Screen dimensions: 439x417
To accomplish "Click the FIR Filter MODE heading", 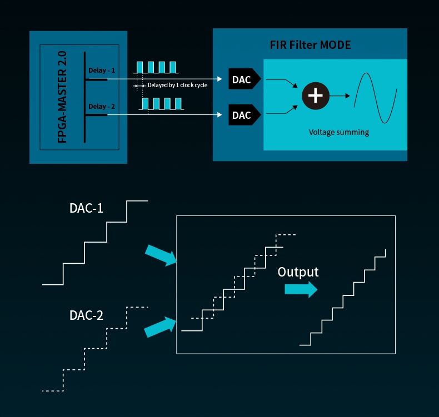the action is click(310, 45).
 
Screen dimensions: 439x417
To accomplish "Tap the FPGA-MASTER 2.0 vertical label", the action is click(62, 97).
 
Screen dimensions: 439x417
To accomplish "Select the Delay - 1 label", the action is click(102, 70).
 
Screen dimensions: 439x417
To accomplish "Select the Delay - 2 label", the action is click(102, 106).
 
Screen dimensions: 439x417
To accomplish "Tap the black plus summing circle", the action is click(316, 96).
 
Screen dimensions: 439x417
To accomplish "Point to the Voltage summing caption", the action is click(339, 132).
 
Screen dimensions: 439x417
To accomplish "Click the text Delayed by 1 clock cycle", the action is click(177, 85).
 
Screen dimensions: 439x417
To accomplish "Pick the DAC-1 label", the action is click(86, 208).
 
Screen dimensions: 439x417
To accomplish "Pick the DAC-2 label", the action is click(86, 315).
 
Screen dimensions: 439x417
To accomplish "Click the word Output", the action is click(298, 272).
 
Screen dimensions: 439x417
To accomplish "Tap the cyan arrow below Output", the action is click(301, 289).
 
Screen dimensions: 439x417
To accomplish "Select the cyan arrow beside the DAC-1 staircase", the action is click(161, 255).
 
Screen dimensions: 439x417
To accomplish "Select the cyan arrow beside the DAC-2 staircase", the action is click(160, 327).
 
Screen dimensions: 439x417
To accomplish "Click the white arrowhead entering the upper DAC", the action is click(220, 79).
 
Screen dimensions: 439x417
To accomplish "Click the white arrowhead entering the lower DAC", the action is click(220, 115).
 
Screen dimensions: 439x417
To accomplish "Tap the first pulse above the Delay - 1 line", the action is click(139, 67).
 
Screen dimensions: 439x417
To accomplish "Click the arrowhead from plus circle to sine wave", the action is click(348, 96).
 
